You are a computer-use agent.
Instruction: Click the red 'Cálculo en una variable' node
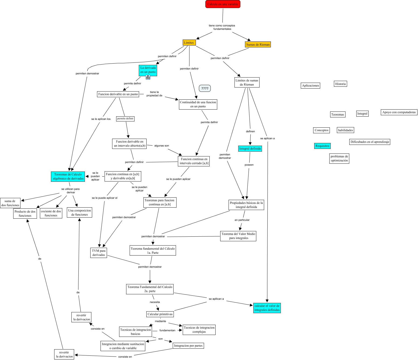coord(223,4)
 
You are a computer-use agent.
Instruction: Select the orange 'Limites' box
coord(189,43)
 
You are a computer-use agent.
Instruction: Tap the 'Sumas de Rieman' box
coord(258,44)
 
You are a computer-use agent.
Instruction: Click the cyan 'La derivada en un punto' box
coord(148,70)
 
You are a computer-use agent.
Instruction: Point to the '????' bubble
coord(205,88)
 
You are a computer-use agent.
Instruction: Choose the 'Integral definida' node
coord(250,149)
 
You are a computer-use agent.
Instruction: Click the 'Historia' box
coord(340,84)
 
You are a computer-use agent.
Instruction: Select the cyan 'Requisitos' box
coord(322,146)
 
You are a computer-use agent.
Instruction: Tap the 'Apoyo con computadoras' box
coord(399,112)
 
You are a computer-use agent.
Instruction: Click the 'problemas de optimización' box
coord(339,158)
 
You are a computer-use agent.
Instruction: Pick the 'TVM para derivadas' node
coord(99,253)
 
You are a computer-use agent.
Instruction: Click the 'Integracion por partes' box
coord(188,346)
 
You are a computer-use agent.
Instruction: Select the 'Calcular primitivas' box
coord(160,314)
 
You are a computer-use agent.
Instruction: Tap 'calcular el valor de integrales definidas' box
coord(267,308)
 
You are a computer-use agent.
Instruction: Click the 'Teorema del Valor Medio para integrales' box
coord(238,236)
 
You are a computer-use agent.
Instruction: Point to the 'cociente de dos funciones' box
coord(51,213)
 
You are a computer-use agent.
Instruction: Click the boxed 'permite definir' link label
coord(125,118)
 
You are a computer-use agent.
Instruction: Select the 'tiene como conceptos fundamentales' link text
coord(222,27)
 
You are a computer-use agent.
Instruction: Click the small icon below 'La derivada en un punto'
coord(148,77)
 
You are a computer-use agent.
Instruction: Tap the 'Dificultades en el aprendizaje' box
coord(370,142)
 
